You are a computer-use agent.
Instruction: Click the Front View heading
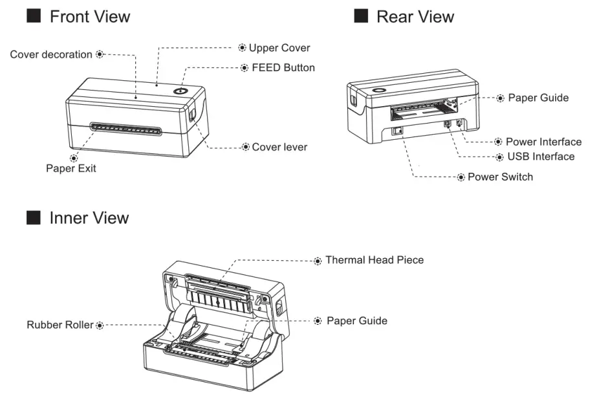89,17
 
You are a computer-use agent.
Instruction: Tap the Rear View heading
415,17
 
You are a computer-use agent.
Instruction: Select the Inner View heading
89,217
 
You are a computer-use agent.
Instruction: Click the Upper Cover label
279,48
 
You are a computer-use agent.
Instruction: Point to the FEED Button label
283,67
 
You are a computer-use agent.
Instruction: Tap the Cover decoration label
51,54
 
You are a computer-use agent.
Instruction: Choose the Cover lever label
279,147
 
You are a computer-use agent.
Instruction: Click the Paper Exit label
71,168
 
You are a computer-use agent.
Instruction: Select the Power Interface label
543,142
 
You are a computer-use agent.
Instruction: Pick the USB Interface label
540,157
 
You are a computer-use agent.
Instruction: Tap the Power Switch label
500,177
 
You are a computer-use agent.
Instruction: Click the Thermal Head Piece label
374,260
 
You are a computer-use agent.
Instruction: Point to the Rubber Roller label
60,324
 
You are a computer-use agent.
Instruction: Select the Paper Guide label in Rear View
538,98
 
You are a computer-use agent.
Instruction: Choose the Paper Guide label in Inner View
356,321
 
